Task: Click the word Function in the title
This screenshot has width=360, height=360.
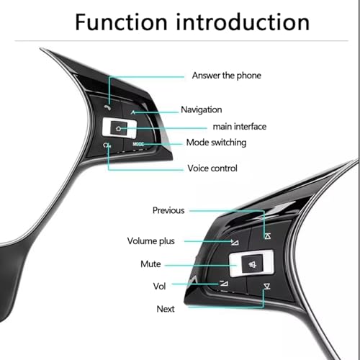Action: pos(121,22)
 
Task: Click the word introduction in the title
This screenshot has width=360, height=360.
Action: pos(243,22)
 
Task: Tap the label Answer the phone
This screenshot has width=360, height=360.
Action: pos(227,76)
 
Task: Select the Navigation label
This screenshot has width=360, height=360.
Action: pos(202,109)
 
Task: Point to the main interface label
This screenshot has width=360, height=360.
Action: pos(240,127)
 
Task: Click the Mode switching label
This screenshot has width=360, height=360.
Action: pos(216,143)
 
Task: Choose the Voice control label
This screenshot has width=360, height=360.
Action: pos(212,168)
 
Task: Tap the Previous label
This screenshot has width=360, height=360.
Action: pos(168,210)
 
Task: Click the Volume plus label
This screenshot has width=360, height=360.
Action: pos(151,241)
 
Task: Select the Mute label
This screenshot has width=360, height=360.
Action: pos(150,264)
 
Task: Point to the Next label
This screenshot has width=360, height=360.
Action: pos(166,309)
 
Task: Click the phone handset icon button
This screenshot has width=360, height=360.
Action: pos(108,108)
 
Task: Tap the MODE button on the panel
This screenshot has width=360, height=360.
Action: pos(138,144)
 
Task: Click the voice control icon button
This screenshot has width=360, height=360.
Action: pos(107,145)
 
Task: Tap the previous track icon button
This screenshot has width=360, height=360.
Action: pos(268,236)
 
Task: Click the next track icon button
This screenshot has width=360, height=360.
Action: pos(266,287)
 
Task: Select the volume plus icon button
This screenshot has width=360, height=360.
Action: pos(235,242)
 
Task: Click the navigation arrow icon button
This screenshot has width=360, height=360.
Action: pos(133,112)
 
